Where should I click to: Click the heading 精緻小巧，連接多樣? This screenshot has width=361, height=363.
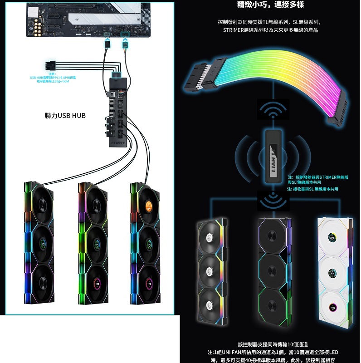(270, 5)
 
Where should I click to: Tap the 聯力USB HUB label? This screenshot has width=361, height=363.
(65, 116)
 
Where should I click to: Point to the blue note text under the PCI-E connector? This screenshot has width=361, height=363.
(53, 78)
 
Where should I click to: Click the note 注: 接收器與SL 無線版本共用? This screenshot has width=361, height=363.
(312, 189)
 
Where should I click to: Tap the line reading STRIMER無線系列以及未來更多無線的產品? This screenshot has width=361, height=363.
(270, 30)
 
